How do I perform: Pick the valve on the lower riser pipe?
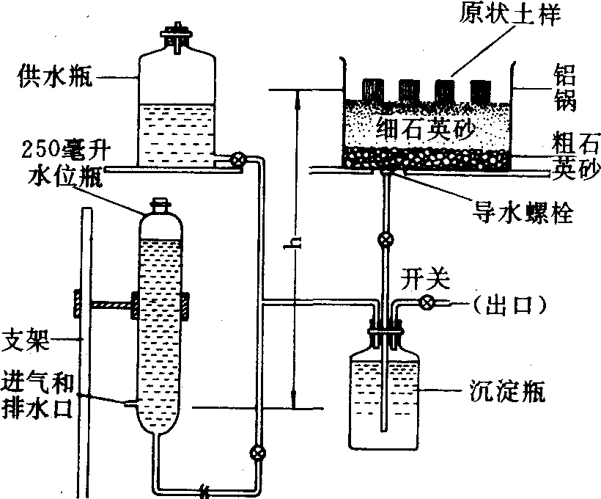coord(257,452)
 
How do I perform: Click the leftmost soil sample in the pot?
coord(373,91)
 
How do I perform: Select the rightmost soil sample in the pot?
coord(480,91)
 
